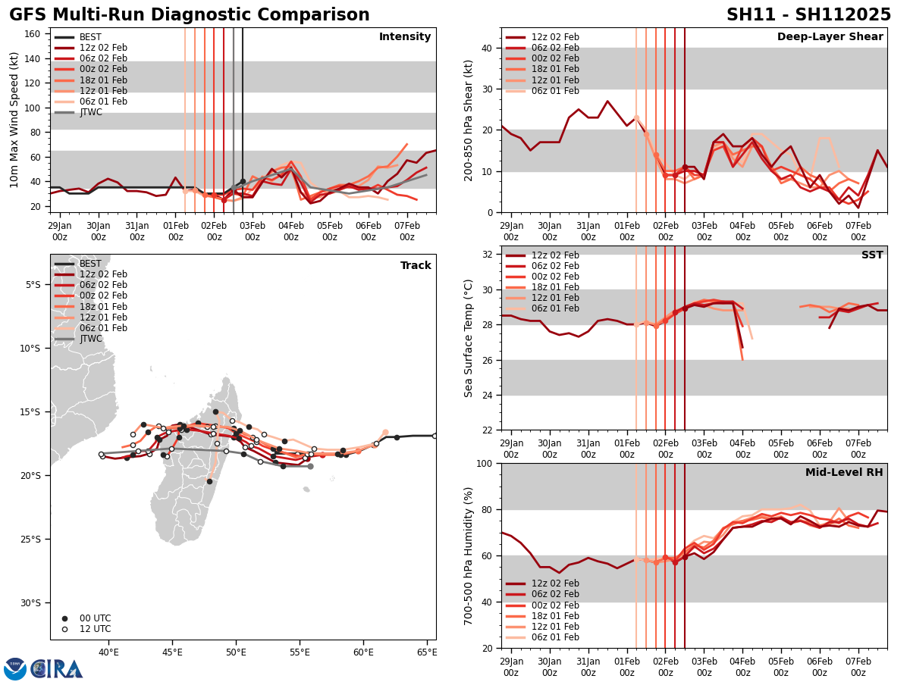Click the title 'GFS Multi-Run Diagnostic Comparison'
(x=190, y=15)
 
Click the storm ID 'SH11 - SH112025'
(x=808, y=15)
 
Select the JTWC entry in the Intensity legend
(x=90, y=112)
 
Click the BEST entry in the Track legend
(x=90, y=264)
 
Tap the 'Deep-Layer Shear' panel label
(x=830, y=37)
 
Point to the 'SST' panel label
(x=872, y=255)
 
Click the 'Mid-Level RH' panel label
(x=844, y=473)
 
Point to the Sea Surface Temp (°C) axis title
(x=469, y=338)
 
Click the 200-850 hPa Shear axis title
(x=469, y=120)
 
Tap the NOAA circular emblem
(x=15, y=668)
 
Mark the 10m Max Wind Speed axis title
(x=14, y=120)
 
